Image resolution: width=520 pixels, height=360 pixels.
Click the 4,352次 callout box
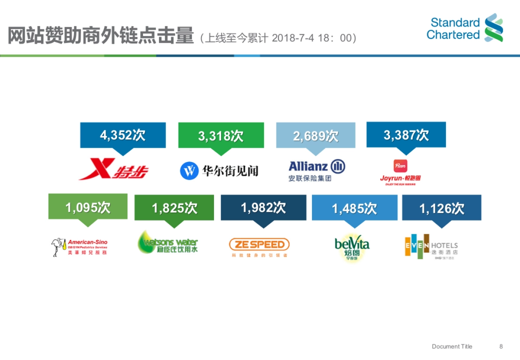123,135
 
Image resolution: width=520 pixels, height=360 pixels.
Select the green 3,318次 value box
221,136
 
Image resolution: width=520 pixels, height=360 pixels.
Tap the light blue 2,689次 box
315,136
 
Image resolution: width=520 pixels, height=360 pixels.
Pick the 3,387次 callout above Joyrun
406,135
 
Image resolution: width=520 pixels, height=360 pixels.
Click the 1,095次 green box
88,207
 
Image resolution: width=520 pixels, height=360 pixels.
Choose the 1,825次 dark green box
174,208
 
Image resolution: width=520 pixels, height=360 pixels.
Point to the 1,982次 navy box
263,208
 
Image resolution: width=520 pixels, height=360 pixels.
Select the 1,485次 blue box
354,208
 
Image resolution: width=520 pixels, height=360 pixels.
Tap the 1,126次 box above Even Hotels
442,208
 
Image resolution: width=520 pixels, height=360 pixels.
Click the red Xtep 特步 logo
114,169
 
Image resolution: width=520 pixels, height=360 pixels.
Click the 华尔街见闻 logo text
230,171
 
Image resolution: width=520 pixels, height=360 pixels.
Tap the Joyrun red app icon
400,166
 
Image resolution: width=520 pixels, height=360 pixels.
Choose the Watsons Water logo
168,243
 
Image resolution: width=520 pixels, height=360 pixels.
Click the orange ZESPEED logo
259,245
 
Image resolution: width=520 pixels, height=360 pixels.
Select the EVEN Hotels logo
431,246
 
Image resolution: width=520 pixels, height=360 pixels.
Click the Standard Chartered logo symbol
494,27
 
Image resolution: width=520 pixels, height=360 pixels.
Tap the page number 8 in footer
501,346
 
